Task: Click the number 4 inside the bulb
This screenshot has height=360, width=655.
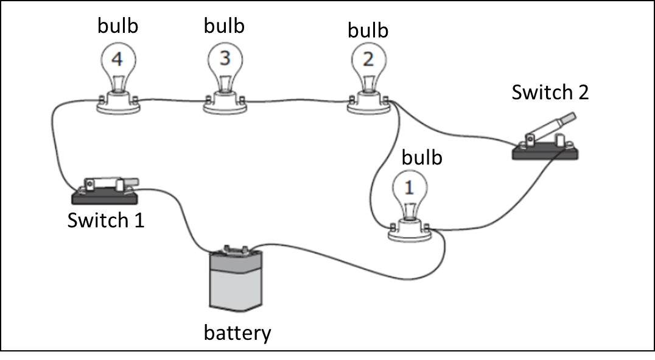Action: [117, 60]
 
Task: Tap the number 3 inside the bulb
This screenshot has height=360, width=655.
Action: [225, 58]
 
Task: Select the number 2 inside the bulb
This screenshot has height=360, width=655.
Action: [368, 60]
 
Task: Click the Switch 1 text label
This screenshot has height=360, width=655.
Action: [106, 219]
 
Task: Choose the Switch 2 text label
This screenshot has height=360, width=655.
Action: [550, 93]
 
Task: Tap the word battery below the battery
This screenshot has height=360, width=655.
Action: [237, 333]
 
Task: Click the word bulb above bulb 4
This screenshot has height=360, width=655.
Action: [118, 26]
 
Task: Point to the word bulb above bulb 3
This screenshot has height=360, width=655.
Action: [224, 26]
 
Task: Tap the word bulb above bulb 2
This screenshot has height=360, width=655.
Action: [368, 29]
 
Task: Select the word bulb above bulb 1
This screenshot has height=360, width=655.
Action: [421, 157]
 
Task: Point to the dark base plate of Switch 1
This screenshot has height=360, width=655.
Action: [105, 196]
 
